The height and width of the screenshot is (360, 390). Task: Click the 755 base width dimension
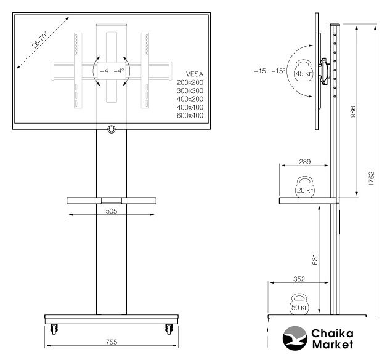pos(112,342)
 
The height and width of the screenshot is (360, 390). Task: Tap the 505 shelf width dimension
pos(111,211)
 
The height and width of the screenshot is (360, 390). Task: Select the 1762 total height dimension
pos(372,178)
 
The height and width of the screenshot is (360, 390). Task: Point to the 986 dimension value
pos(353,112)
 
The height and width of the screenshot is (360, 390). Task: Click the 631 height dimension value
pos(315,259)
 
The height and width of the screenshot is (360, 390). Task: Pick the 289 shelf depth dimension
pos(305,162)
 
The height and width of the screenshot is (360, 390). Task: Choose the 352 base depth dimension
pos(299,279)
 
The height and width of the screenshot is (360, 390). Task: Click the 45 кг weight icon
pos(304,70)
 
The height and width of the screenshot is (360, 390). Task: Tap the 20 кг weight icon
pos(305,187)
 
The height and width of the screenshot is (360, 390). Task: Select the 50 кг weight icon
pos(299,304)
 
